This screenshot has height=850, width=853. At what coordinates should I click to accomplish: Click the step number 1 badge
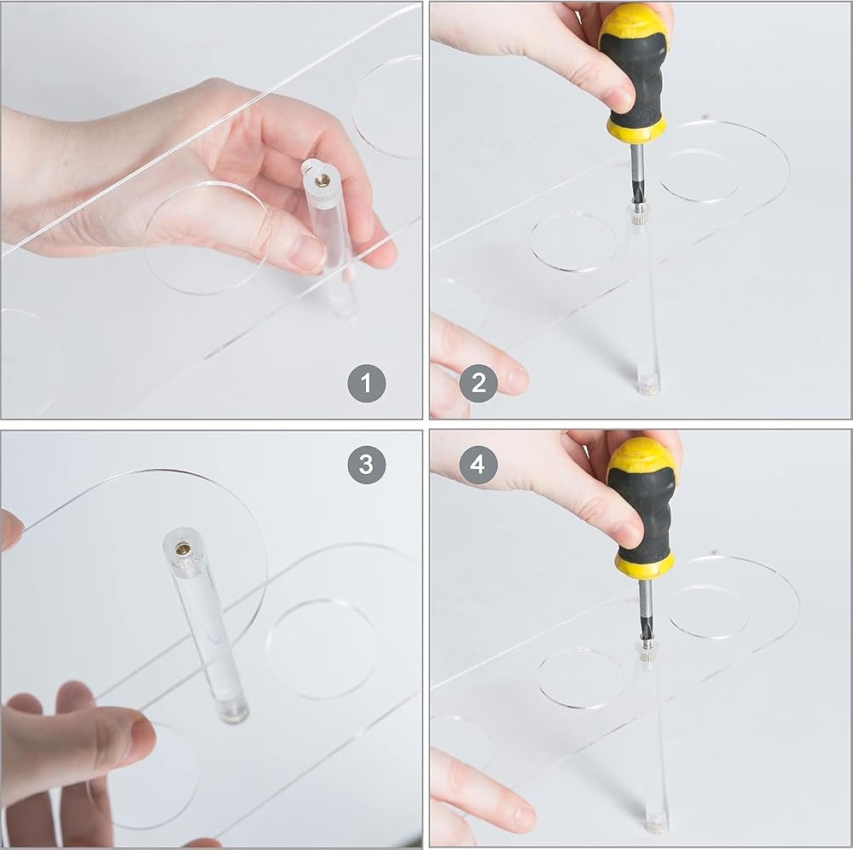(367, 384)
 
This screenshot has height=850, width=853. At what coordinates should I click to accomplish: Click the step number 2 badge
(479, 383)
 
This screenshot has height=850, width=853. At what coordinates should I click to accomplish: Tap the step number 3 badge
(367, 465)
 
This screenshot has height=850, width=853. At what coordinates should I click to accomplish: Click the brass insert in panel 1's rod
(322, 178)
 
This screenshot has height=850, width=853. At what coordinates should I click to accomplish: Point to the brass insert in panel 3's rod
(183, 549)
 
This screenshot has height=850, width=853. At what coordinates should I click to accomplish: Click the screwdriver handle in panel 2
(635, 77)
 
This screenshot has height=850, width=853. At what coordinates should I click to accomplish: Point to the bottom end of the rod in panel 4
(657, 821)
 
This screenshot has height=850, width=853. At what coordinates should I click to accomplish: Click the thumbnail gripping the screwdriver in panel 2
(621, 96)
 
